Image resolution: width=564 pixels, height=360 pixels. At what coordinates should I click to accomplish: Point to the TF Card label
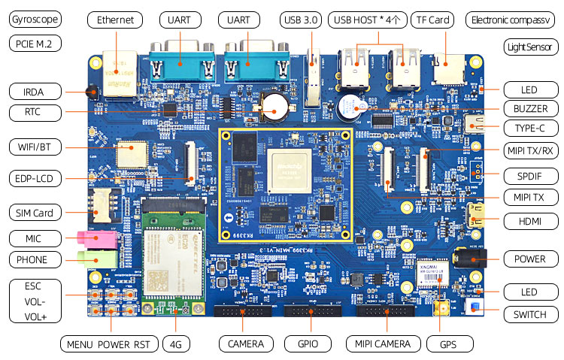point(432,20)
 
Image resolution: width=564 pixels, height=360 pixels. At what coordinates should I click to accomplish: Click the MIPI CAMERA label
point(382,343)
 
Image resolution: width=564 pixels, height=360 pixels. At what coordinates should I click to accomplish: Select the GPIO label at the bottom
point(304,343)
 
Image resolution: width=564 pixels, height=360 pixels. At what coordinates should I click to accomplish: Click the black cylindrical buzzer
point(349,107)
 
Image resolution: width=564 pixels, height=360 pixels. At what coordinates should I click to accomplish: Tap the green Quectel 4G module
point(174,259)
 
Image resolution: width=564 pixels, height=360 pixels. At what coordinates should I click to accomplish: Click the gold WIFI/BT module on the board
point(131,154)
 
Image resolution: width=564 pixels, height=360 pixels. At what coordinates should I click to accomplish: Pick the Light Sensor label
point(530,47)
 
